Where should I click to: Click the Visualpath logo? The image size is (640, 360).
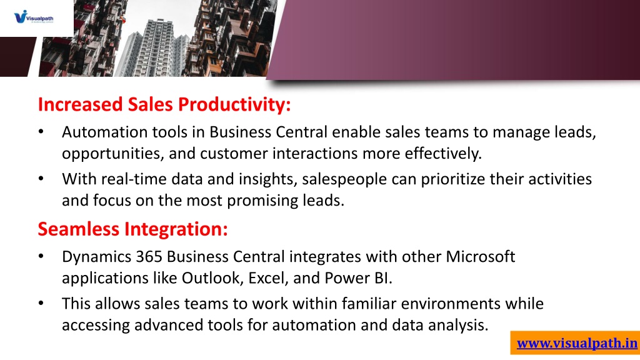(x=34, y=17)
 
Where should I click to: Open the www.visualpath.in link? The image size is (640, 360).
(x=577, y=343)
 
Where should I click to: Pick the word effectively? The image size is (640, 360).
(x=443, y=154)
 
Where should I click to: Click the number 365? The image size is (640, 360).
(x=149, y=257)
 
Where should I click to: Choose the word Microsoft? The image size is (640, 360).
(x=481, y=257)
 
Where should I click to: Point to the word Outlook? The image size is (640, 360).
(x=212, y=278)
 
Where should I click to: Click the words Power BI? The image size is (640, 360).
(x=358, y=278)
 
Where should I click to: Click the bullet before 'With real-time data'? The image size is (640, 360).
(x=41, y=179)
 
